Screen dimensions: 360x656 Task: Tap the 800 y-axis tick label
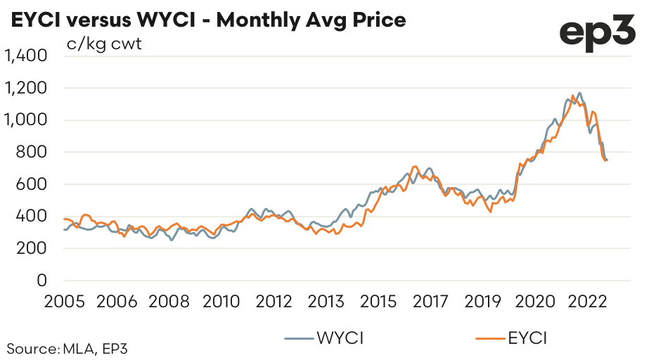pyautogui.click(x=32, y=153)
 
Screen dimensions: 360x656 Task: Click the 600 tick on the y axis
pyautogui.click(x=32, y=184)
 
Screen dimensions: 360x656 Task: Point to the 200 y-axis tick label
pyautogui.click(x=32, y=248)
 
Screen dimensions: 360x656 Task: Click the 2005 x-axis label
pyautogui.click(x=64, y=302)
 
